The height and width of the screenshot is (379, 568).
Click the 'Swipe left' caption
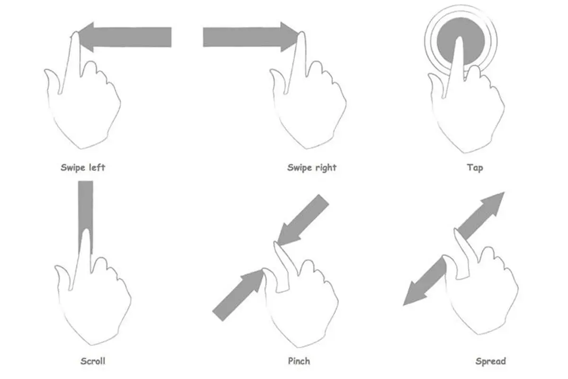click(83, 168)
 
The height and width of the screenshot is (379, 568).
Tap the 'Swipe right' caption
click(311, 168)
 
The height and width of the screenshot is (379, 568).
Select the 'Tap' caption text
click(475, 168)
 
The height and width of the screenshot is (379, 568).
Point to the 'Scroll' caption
click(93, 361)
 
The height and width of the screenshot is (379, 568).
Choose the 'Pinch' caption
click(299, 361)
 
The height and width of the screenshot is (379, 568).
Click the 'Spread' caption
click(491, 361)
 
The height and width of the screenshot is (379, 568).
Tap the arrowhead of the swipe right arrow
click(289, 37)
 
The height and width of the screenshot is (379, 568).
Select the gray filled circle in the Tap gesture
click(461, 41)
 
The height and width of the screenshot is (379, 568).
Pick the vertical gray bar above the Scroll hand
click(86, 216)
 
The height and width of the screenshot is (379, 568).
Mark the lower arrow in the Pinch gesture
click(238, 295)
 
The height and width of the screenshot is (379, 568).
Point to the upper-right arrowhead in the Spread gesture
click(495, 203)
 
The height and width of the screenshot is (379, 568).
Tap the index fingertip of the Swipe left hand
click(75, 34)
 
